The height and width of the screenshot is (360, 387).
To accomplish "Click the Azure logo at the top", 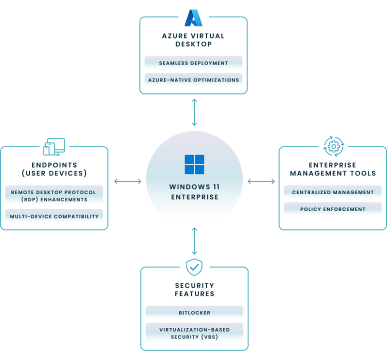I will pyautogui.click(x=192, y=18).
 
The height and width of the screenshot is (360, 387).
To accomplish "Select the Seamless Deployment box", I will pyautogui.click(x=195, y=64).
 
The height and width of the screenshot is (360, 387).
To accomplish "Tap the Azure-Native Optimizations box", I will pyautogui.click(x=195, y=80).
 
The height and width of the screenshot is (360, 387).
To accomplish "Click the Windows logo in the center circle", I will pyautogui.click(x=194, y=164).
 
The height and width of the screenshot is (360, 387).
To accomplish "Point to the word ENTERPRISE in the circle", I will pyautogui.click(x=194, y=197).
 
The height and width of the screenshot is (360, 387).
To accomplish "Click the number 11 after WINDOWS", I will pyautogui.click(x=215, y=187).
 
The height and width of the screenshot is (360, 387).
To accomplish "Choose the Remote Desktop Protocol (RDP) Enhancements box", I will pyautogui.click(x=55, y=195).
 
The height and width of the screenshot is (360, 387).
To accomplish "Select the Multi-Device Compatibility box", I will pyautogui.click(x=55, y=216).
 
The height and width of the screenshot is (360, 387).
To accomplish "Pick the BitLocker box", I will pyautogui.click(x=195, y=313).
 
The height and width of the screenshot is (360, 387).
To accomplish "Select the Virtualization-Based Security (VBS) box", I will pyautogui.click(x=195, y=333).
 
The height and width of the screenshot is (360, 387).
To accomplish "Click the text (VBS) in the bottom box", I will pyautogui.click(x=208, y=337).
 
